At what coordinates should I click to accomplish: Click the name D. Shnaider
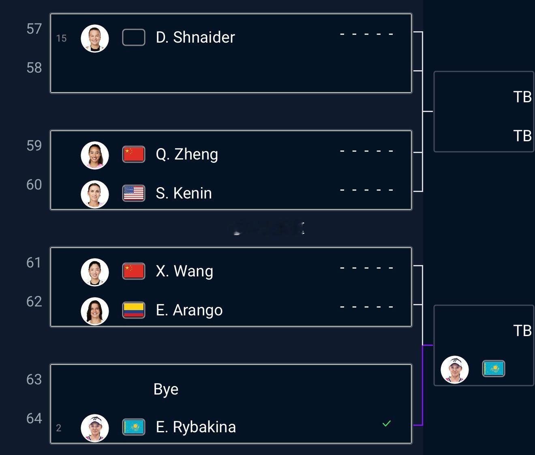pyautogui.click(x=195, y=37)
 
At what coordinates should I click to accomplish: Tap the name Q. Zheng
pyautogui.click(x=186, y=154)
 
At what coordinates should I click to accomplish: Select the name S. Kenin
pyautogui.click(x=184, y=193)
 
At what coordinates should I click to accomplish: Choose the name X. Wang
pyautogui.click(x=184, y=271)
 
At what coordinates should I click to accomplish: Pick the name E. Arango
pyautogui.click(x=189, y=310)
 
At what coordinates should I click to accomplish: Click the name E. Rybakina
pyautogui.click(x=195, y=427)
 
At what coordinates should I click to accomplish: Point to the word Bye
pyautogui.click(x=166, y=389)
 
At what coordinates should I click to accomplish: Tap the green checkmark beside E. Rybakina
pyautogui.click(x=387, y=424)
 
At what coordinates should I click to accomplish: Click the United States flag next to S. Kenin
pyautogui.click(x=134, y=193)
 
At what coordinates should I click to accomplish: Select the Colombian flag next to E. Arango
pyautogui.click(x=134, y=310)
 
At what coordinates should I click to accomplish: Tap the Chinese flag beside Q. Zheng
pyautogui.click(x=134, y=154)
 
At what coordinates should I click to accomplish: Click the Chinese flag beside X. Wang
pyautogui.click(x=134, y=271)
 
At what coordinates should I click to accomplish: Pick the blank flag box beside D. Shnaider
pyautogui.click(x=134, y=37)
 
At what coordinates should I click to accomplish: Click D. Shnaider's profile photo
pyautogui.click(x=95, y=38)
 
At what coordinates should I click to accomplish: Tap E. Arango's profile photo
pyautogui.click(x=95, y=311)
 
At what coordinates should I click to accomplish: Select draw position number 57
pyautogui.click(x=34, y=29)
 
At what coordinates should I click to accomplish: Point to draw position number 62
pyautogui.click(x=34, y=302)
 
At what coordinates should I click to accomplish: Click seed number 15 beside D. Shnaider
pyautogui.click(x=61, y=39)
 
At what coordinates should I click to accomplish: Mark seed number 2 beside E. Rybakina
pyautogui.click(x=59, y=428)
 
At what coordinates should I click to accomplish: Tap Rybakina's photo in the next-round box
pyautogui.click(x=455, y=369)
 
